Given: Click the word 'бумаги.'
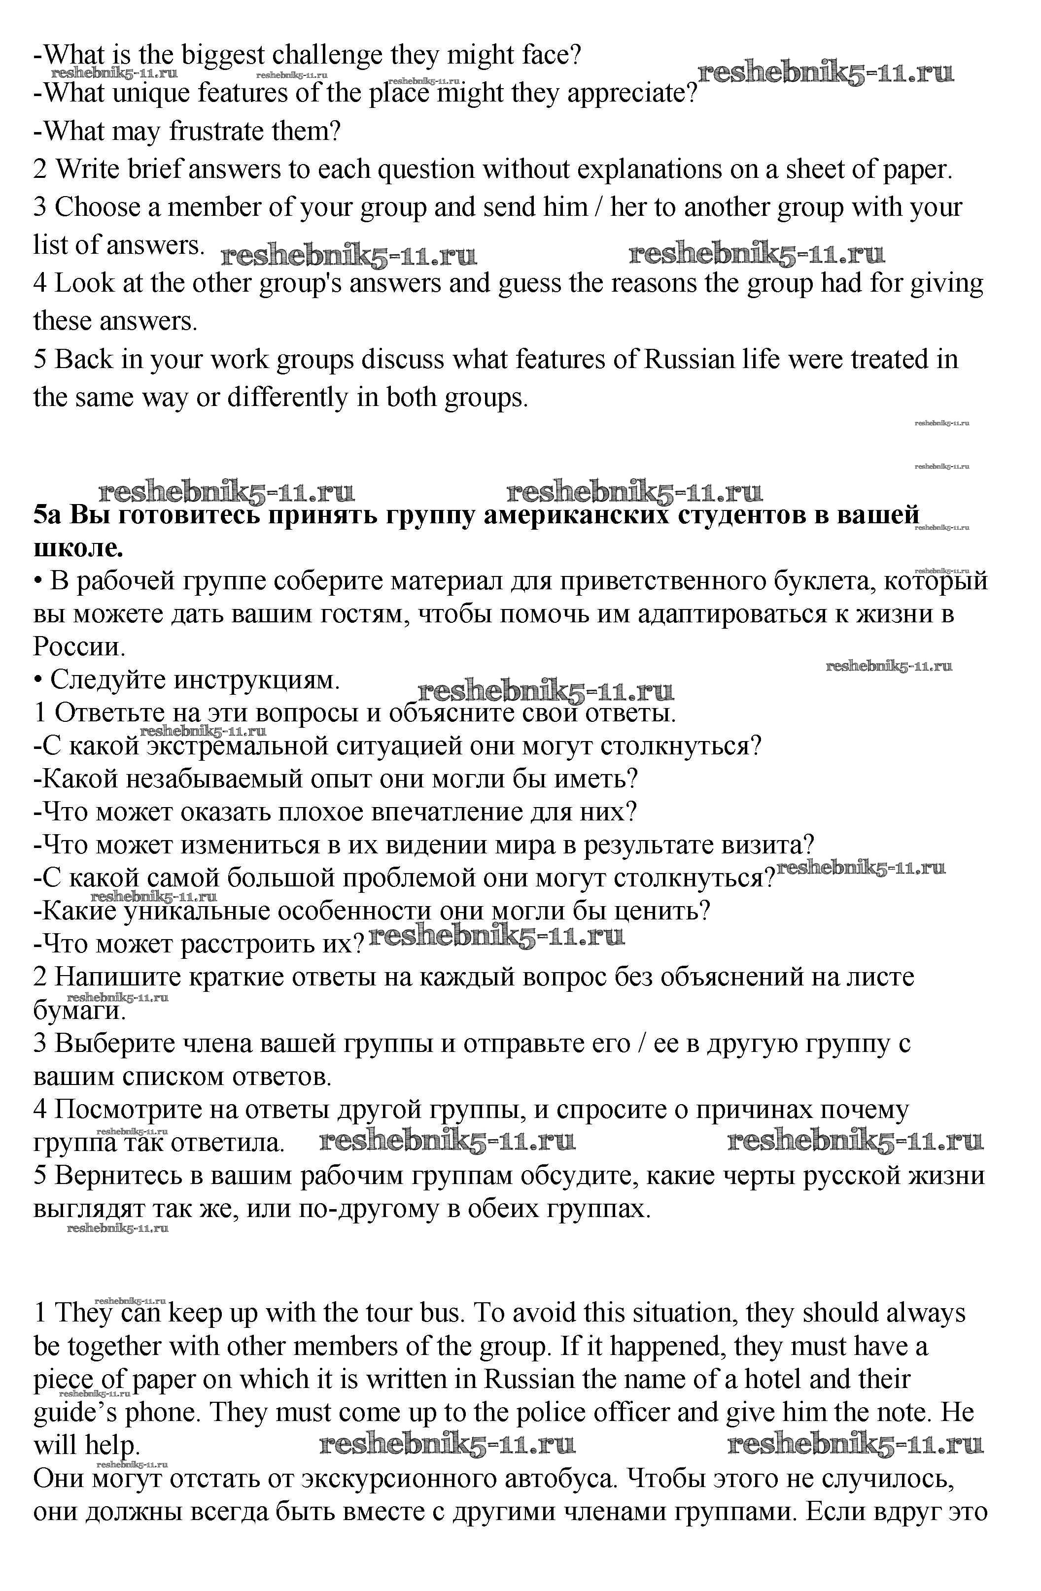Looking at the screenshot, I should click(79, 1011).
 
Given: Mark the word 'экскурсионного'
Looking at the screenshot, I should click(392, 1478).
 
